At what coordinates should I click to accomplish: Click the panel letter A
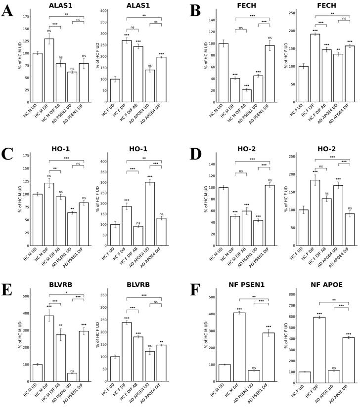tap(7, 11)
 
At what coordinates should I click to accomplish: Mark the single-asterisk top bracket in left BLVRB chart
tap(66, 295)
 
